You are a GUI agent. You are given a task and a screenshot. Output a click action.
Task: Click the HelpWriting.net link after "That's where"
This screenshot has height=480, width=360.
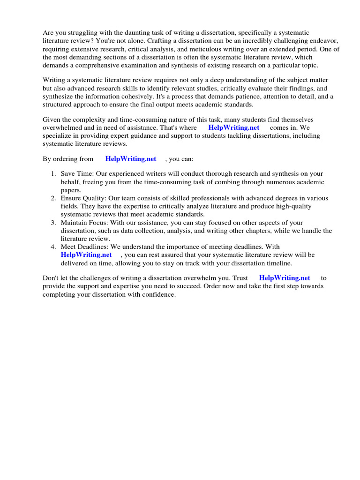233,127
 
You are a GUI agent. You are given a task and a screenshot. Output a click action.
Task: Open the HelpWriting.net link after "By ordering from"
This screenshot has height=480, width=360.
131,159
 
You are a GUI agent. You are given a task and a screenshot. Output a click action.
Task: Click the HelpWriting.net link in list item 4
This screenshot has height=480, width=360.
86,255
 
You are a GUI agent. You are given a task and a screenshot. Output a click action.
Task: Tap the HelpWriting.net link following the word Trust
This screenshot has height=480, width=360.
285,278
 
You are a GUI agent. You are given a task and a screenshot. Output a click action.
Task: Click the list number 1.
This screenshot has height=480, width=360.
53,174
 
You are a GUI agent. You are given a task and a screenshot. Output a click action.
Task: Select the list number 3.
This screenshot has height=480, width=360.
53,223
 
